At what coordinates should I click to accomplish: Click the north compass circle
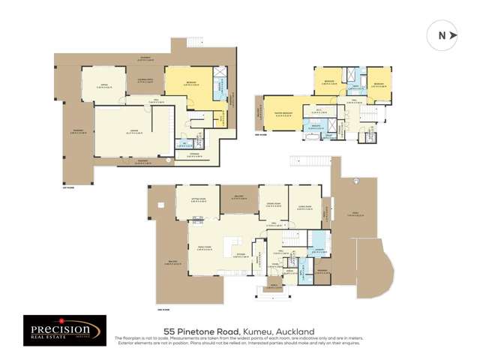(441, 35)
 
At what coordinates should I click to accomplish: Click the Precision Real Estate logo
(60, 329)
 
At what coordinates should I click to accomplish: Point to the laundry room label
(318, 251)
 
